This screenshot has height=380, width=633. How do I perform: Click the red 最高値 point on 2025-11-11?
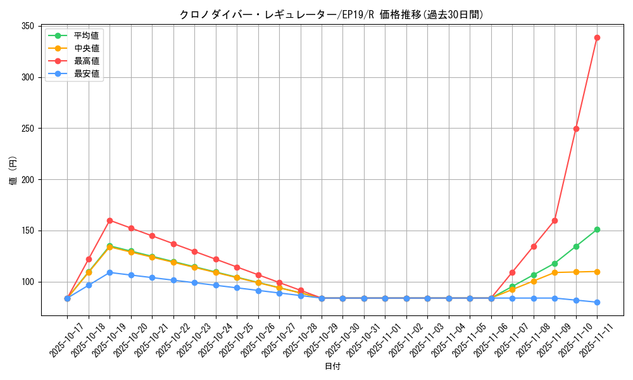[x=597, y=37]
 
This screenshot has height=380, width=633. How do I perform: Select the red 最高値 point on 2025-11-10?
[x=576, y=129]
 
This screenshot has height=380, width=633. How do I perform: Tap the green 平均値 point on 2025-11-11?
[x=597, y=229]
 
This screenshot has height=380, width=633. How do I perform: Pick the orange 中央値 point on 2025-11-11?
[x=597, y=272]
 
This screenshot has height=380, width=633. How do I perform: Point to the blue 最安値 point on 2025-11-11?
[x=597, y=302]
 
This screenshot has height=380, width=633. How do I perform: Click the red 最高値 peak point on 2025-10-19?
[x=110, y=220]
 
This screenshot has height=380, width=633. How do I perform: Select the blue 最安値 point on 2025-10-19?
[x=110, y=272]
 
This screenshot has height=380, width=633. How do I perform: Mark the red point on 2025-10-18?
[x=89, y=259]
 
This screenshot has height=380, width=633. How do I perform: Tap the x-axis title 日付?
[x=332, y=367]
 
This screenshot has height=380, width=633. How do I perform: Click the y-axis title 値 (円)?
[x=13, y=170]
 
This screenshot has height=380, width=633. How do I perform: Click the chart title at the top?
[x=332, y=15]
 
